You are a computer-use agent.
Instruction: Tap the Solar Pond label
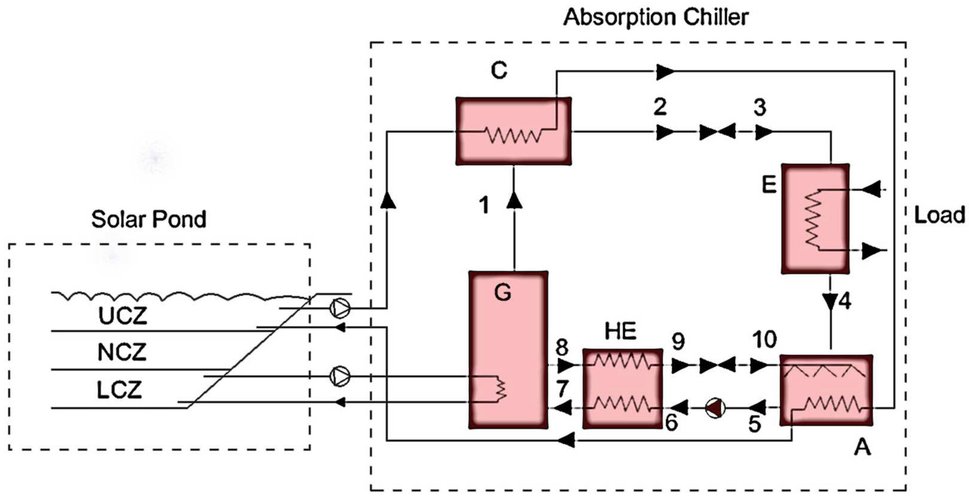click(x=149, y=219)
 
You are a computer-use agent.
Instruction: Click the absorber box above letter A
click(x=826, y=390)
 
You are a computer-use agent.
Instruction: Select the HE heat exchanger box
click(x=623, y=388)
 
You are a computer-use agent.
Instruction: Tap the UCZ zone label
click(x=122, y=316)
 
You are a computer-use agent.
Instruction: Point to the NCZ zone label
click(x=122, y=353)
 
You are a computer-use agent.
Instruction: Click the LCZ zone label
click(x=120, y=390)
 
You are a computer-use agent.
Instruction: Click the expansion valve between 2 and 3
click(x=717, y=132)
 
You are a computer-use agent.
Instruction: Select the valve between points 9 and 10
click(x=717, y=365)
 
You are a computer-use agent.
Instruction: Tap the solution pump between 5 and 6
click(x=715, y=408)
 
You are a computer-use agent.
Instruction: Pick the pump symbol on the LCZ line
click(x=340, y=376)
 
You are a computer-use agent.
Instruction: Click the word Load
click(x=939, y=215)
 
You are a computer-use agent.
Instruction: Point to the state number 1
click(x=484, y=205)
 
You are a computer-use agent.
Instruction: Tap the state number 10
click(x=764, y=340)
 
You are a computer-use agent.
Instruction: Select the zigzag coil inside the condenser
click(x=514, y=134)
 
